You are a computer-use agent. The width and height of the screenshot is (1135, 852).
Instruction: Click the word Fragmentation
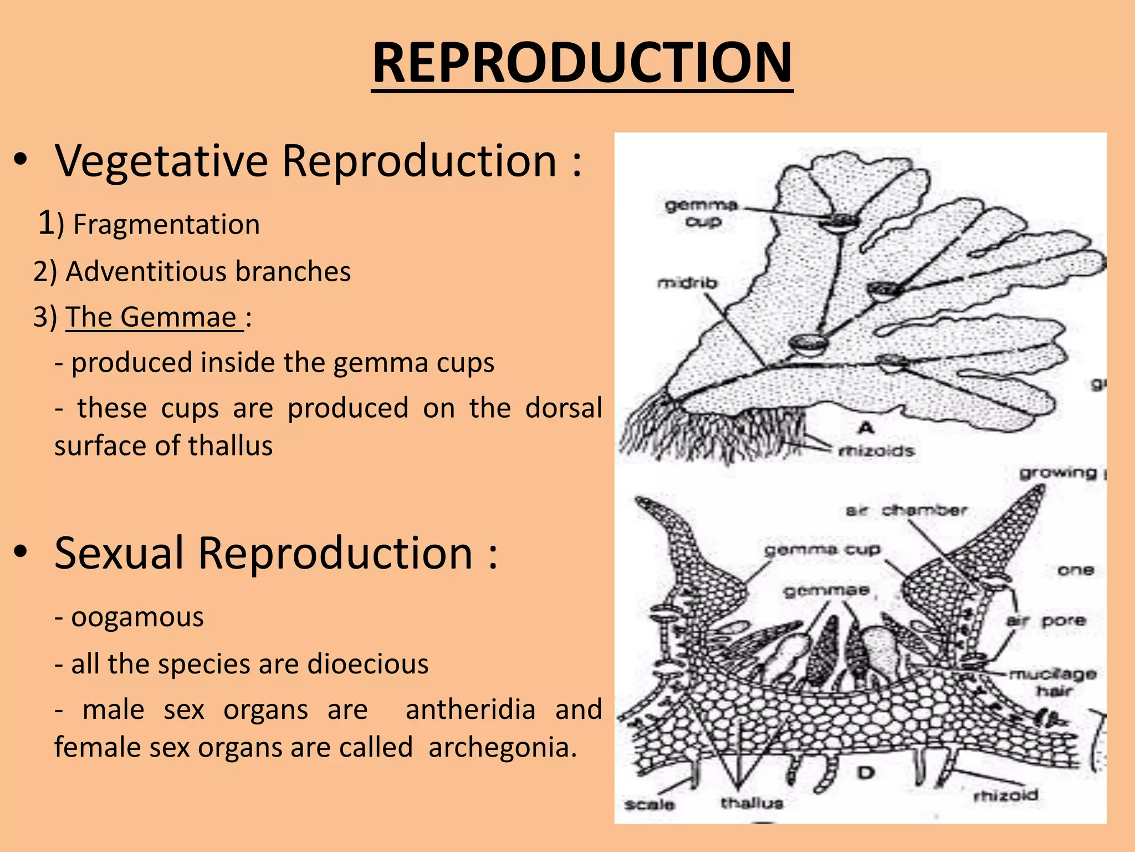[x=166, y=225]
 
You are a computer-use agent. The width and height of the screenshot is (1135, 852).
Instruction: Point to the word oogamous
[x=137, y=617]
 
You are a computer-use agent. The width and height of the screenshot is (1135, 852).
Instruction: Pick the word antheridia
[x=471, y=709]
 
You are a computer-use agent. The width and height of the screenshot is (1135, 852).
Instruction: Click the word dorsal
[x=563, y=408]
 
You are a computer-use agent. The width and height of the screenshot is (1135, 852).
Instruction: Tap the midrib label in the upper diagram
[x=687, y=283]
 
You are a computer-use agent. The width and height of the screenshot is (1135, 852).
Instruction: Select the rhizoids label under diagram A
[x=876, y=450]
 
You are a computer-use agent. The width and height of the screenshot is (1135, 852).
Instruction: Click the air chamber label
[x=906, y=510]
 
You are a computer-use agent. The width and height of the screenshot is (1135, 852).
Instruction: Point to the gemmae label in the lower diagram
[x=826, y=590]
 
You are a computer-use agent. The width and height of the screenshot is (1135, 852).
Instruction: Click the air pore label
[x=1045, y=620]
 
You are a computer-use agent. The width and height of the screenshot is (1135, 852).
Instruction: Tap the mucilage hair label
[x=1052, y=682]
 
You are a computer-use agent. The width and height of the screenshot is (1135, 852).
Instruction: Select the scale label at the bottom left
[x=649, y=804]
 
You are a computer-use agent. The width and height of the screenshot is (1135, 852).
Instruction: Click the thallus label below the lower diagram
[x=751, y=803]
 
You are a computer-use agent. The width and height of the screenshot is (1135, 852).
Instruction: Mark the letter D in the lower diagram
[x=866, y=773]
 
